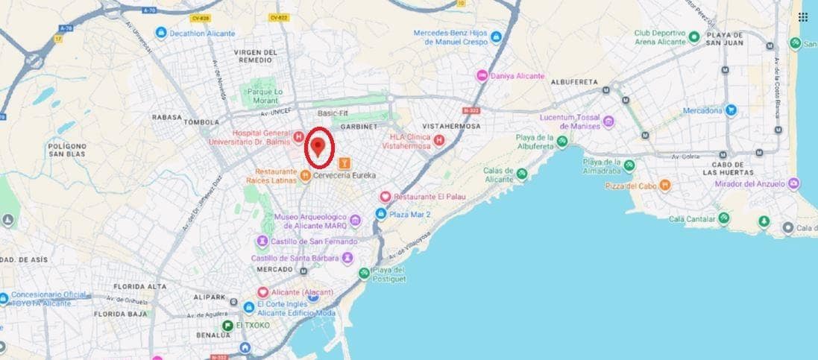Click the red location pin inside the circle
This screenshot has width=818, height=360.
320,145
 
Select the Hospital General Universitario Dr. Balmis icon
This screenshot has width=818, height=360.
298,136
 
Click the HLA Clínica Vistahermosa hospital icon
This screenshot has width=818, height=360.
439,140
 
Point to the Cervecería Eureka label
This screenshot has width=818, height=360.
344,176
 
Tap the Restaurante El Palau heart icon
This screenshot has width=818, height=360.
385,197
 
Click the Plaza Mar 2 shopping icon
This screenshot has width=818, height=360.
380,214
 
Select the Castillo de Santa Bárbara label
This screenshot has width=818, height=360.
295,258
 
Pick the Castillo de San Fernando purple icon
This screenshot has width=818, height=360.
262,241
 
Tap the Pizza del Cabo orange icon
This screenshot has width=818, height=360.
664,185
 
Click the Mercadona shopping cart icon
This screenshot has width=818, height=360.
732,110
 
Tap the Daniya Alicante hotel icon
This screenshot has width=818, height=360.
482,76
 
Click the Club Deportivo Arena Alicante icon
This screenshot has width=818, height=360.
694,37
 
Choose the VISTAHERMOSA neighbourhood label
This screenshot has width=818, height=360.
451,127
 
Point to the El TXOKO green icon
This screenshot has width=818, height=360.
226,326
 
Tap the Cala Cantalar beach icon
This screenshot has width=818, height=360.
723,218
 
